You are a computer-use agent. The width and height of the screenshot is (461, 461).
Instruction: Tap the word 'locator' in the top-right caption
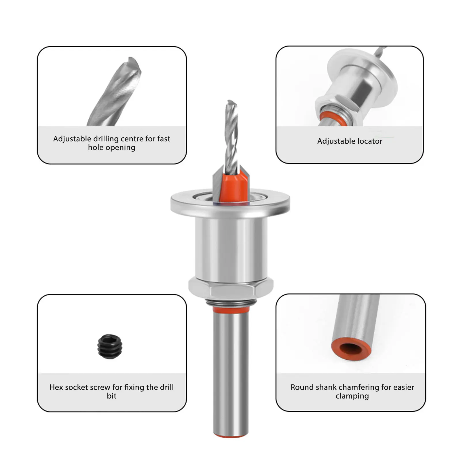[x=370, y=141]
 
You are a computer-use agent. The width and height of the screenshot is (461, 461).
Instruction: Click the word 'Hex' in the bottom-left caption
[x=56, y=387]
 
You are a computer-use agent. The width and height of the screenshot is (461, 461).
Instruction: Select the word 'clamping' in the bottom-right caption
[x=352, y=396]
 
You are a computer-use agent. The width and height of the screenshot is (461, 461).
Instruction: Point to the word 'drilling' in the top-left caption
[x=106, y=139]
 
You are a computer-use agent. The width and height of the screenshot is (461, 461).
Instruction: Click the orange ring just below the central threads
[x=231, y=310]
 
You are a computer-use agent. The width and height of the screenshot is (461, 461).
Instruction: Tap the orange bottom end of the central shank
[x=231, y=436]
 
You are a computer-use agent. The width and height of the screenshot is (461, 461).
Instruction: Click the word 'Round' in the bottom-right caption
[x=301, y=387]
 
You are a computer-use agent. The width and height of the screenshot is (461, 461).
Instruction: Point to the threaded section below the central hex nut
[x=231, y=302]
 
